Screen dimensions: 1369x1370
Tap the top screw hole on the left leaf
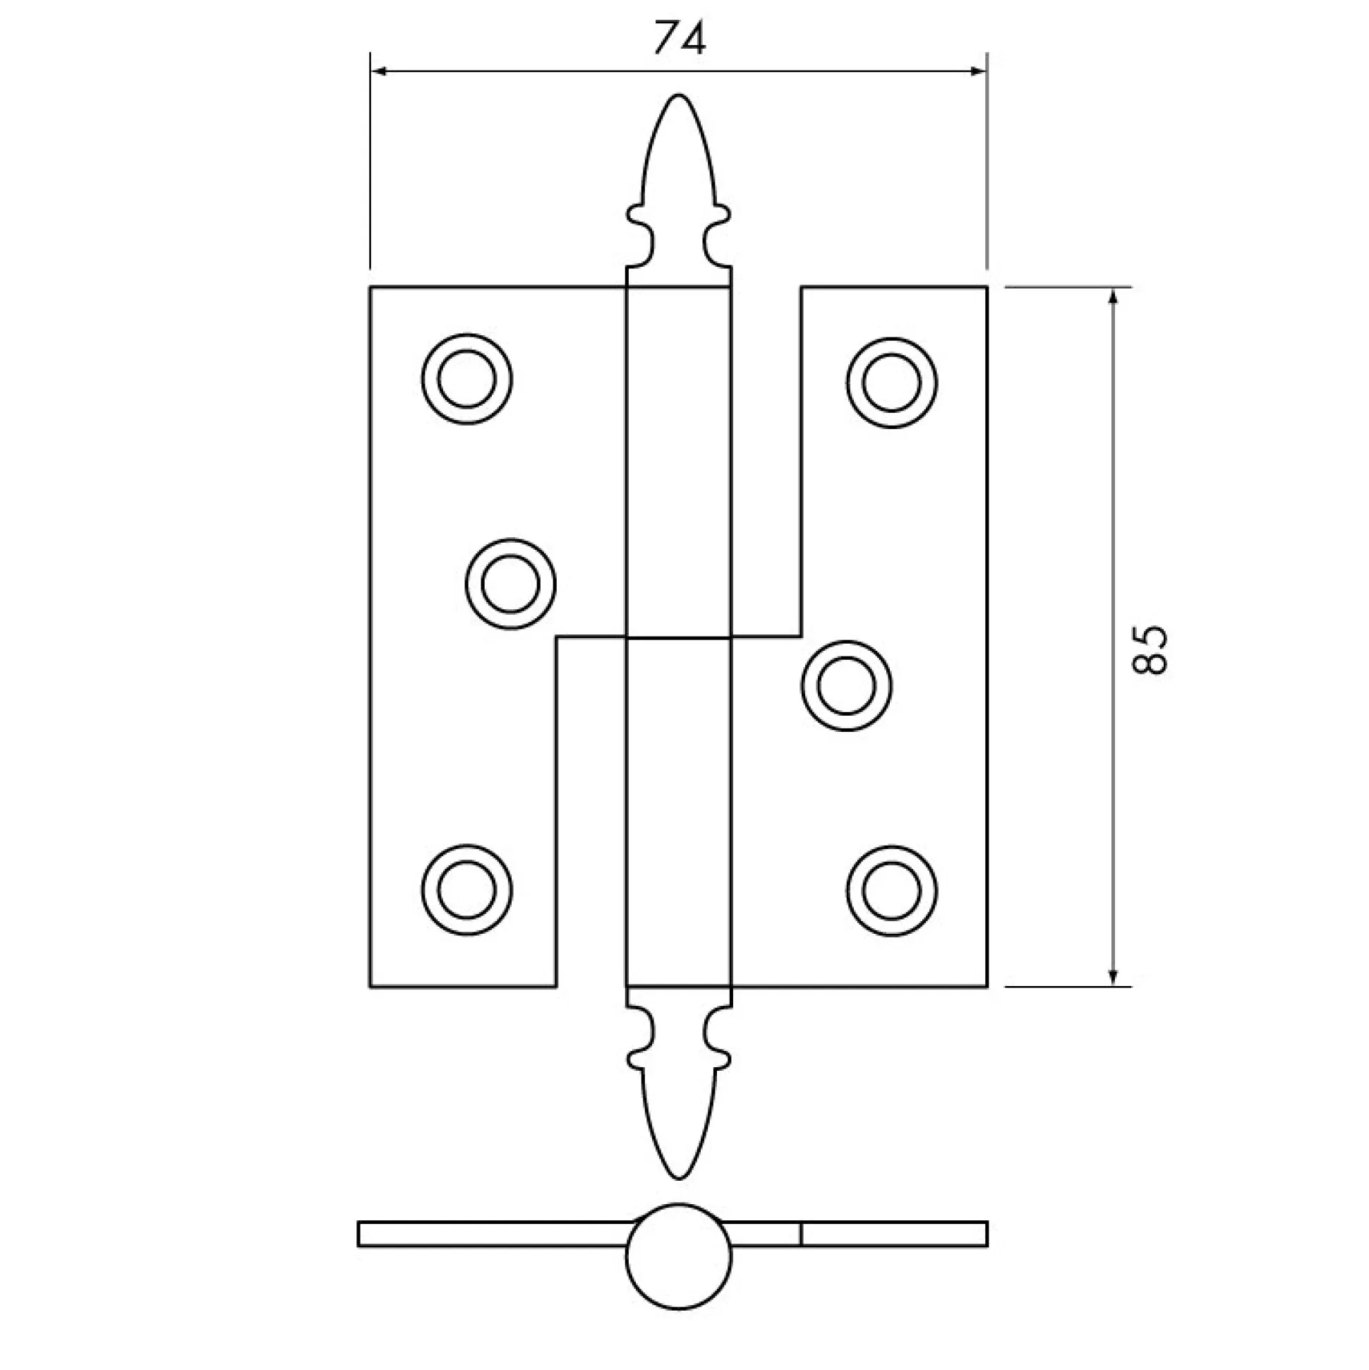coord(466,378)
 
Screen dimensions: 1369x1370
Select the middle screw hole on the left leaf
coord(510,584)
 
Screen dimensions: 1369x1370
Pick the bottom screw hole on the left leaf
coord(466,890)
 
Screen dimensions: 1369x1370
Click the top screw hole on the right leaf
coord(891,383)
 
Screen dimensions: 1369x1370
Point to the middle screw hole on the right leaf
coord(847,686)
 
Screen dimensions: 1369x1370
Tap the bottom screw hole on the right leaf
coord(891,891)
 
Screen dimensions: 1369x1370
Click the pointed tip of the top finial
coord(678,95)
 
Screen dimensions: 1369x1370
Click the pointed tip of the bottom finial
coord(678,1179)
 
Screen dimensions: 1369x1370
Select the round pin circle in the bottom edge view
coord(678,1256)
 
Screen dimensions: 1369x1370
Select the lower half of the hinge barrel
coord(678,812)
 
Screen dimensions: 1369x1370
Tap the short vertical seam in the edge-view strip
coord(801,1234)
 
